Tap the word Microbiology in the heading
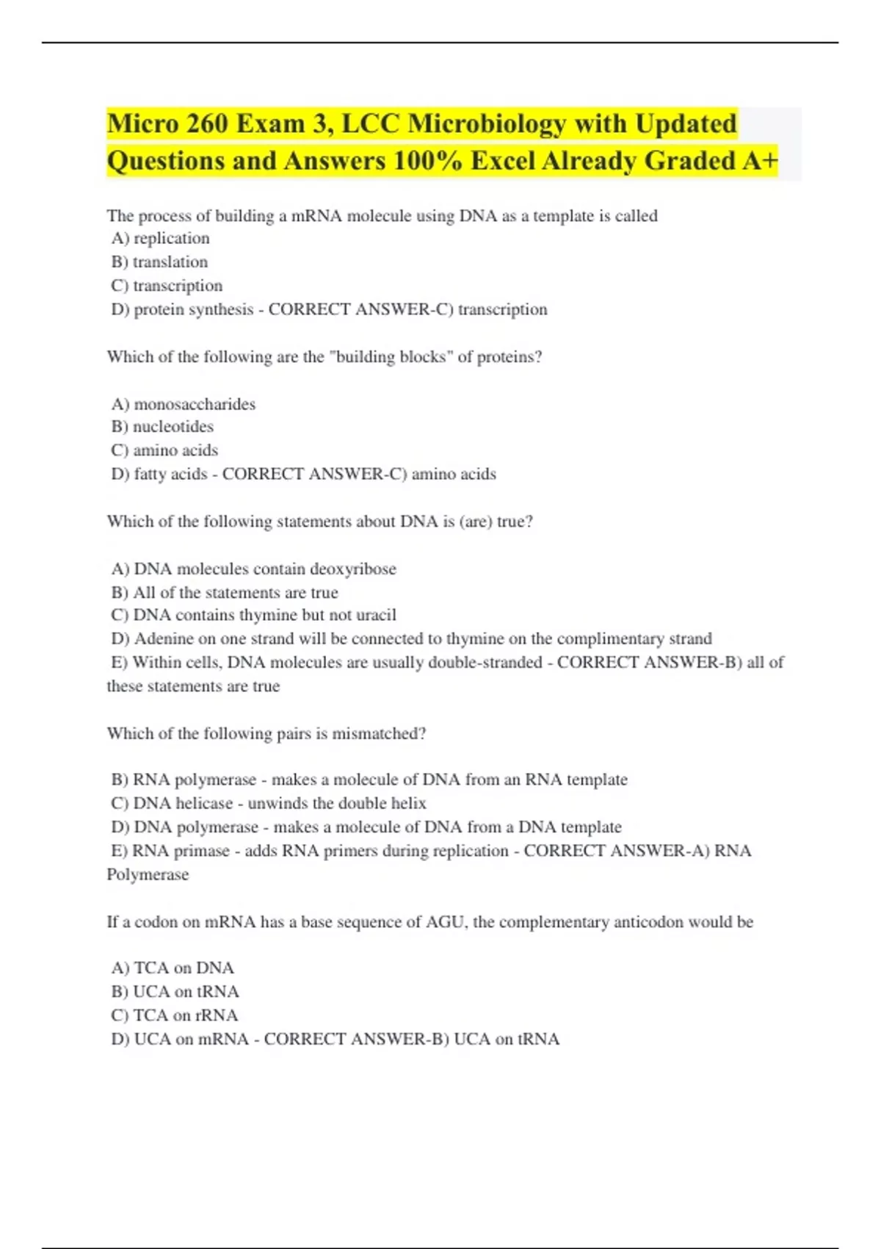pos(487,123)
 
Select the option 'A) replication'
pos(160,238)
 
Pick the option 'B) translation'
pos(159,262)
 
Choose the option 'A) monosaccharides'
pos(184,404)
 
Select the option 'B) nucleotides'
pos(162,426)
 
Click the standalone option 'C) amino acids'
pos(164,450)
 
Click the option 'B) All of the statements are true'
pos(225,592)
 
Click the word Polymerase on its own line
pos(148,874)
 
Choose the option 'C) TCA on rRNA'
pos(175,1015)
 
